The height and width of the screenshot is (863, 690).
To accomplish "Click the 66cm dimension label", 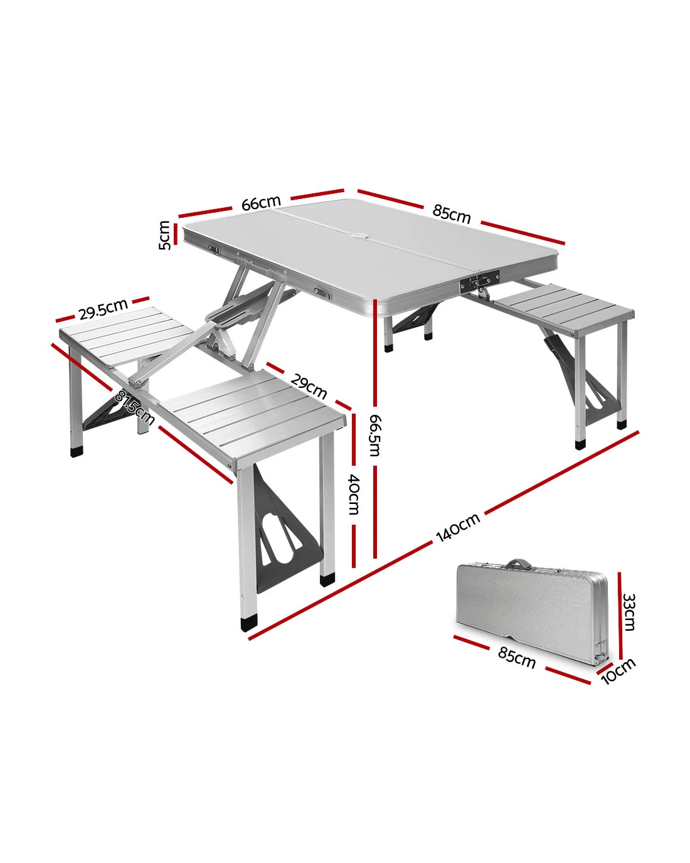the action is point(261,203).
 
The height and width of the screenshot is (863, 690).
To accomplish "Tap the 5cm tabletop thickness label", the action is point(165,235).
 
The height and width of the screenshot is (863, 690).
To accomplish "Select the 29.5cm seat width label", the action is point(103,309).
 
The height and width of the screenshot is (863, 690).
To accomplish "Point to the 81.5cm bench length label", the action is point(134,407).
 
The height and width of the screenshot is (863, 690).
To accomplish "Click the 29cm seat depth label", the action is point(309,387).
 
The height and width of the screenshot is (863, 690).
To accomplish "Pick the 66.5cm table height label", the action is point(375,436).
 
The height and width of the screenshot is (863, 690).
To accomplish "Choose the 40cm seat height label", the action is point(354,494).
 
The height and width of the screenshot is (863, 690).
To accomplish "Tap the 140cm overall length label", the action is point(458,528).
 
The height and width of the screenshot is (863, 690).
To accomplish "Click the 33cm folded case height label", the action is point(629,612).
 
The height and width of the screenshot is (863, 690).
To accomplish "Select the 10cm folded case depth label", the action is point(618,670).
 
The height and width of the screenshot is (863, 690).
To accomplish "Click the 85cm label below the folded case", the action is point(517,658).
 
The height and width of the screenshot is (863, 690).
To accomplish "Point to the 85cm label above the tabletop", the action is point(452,214).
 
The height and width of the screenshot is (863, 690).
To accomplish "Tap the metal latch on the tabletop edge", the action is point(480,281).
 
